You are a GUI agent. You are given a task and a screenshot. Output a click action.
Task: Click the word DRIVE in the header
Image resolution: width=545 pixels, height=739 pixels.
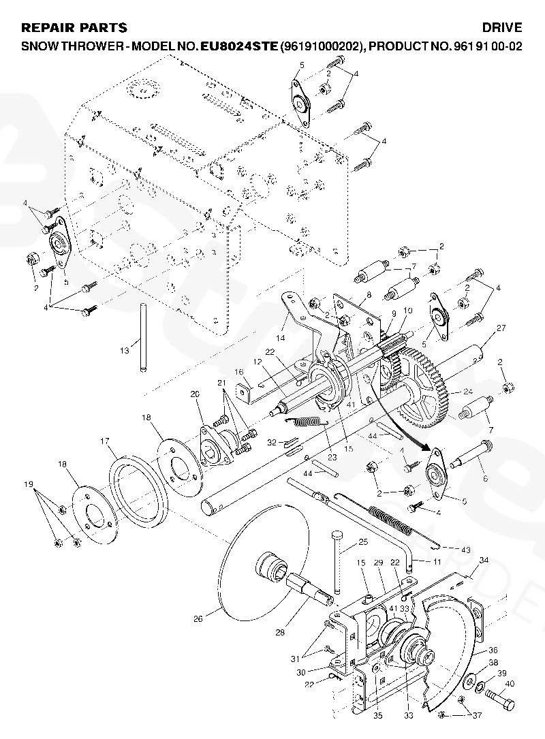click(502, 28)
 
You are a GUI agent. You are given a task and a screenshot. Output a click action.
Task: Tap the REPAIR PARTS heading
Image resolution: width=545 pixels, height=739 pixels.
click(74, 28)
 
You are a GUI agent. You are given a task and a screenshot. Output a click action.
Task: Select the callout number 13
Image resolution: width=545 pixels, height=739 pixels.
click(124, 351)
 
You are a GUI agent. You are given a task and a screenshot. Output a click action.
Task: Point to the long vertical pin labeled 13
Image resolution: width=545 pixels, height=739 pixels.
click(142, 338)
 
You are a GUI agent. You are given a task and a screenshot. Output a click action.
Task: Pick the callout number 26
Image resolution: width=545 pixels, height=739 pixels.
click(198, 619)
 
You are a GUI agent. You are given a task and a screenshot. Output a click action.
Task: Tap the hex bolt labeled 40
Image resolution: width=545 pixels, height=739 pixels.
click(499, 697)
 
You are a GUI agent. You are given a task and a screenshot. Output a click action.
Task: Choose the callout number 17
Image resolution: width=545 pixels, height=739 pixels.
click(105, 441)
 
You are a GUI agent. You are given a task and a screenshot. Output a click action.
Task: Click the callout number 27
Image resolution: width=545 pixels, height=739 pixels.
click(501, 329)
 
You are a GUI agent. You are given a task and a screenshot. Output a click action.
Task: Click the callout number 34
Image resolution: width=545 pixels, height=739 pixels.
click(484, 560)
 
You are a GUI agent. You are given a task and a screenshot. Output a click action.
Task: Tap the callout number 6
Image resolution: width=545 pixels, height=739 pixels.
click(486, 479)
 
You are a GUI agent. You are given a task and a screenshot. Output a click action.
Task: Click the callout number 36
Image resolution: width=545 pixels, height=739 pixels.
click(493, 650)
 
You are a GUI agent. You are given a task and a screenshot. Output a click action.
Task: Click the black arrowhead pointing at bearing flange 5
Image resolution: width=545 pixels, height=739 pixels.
click(430, 448)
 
